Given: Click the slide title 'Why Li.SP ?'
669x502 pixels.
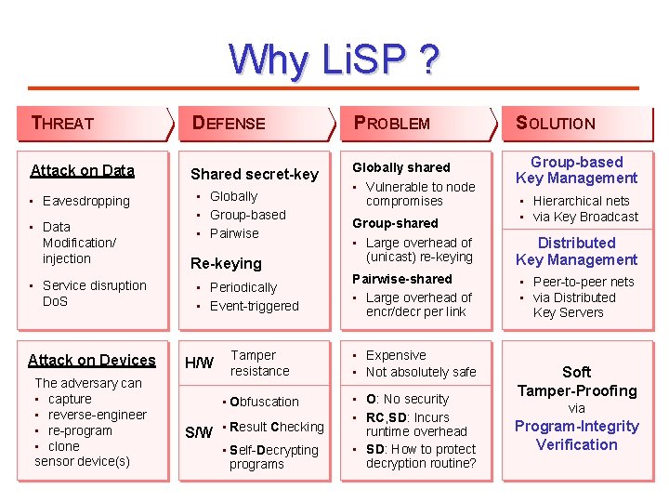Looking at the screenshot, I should (x=334, y=59).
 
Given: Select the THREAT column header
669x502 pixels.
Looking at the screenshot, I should (x=63, y=123).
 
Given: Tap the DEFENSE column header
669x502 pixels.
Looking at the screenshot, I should (x=229, y=123).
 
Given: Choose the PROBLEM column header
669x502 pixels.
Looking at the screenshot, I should (x=392, y=123).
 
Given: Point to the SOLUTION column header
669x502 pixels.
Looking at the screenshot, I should (x=556, y=123).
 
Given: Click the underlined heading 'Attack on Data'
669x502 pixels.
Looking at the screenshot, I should (x=83, y=170).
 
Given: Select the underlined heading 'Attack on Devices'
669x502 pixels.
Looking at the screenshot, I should (x=92, y=360).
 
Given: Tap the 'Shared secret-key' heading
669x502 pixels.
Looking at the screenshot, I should (x=254, y=174).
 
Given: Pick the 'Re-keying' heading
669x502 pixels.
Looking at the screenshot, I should (x=226, y=264).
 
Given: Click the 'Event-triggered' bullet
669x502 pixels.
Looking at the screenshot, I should (x=254, y=306).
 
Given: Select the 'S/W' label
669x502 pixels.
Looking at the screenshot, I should (x=199, y=432).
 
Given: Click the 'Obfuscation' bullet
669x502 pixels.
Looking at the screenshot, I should (x=264, y=402).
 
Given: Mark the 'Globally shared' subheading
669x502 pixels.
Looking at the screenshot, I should (x=401, y=167).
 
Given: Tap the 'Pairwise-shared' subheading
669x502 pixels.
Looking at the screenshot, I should (x=401, y=279).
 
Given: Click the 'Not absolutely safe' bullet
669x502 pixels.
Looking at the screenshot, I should (x=420, y=372).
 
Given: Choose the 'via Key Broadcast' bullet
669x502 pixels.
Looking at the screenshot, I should (x=585, y=217).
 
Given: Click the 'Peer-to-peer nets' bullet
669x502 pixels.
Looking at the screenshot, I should (x=583, y=282).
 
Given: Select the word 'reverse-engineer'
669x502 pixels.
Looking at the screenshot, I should (x=98, y=415).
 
